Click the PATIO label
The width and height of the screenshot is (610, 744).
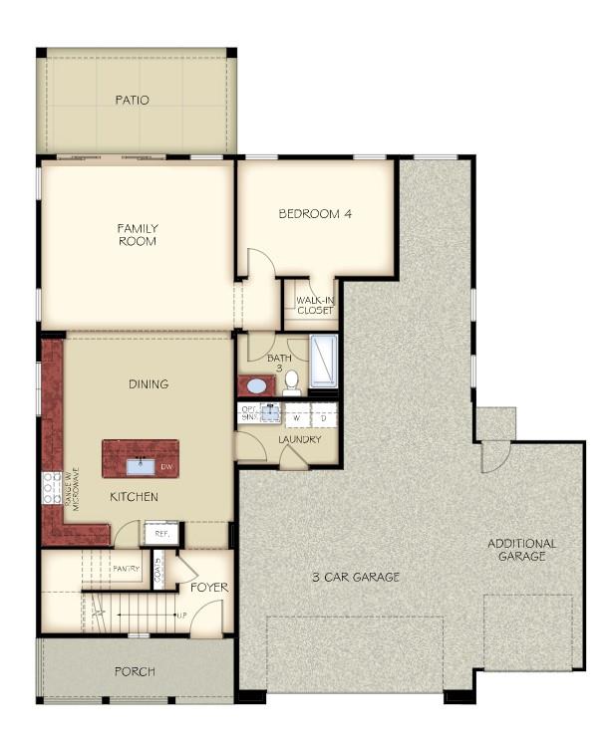point(132,100)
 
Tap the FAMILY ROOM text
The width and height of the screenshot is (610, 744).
point(138,234)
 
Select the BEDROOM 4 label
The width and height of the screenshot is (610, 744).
point(315,213)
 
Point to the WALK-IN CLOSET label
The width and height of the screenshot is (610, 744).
point(314,304)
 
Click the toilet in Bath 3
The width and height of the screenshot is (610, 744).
point(291,385)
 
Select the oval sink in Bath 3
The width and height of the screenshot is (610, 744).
point(257,386)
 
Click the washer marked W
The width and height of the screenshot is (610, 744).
point(296,417)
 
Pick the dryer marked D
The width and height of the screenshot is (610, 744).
point(323,417)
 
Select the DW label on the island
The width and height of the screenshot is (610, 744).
point(165,466)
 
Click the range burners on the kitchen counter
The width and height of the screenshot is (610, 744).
point(52,487)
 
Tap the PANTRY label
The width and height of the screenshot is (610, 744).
point(127,569)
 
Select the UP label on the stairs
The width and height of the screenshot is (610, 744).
point(181,615)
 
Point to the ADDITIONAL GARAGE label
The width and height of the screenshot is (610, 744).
point(521,550)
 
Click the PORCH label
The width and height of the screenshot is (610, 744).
point(134,671)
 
